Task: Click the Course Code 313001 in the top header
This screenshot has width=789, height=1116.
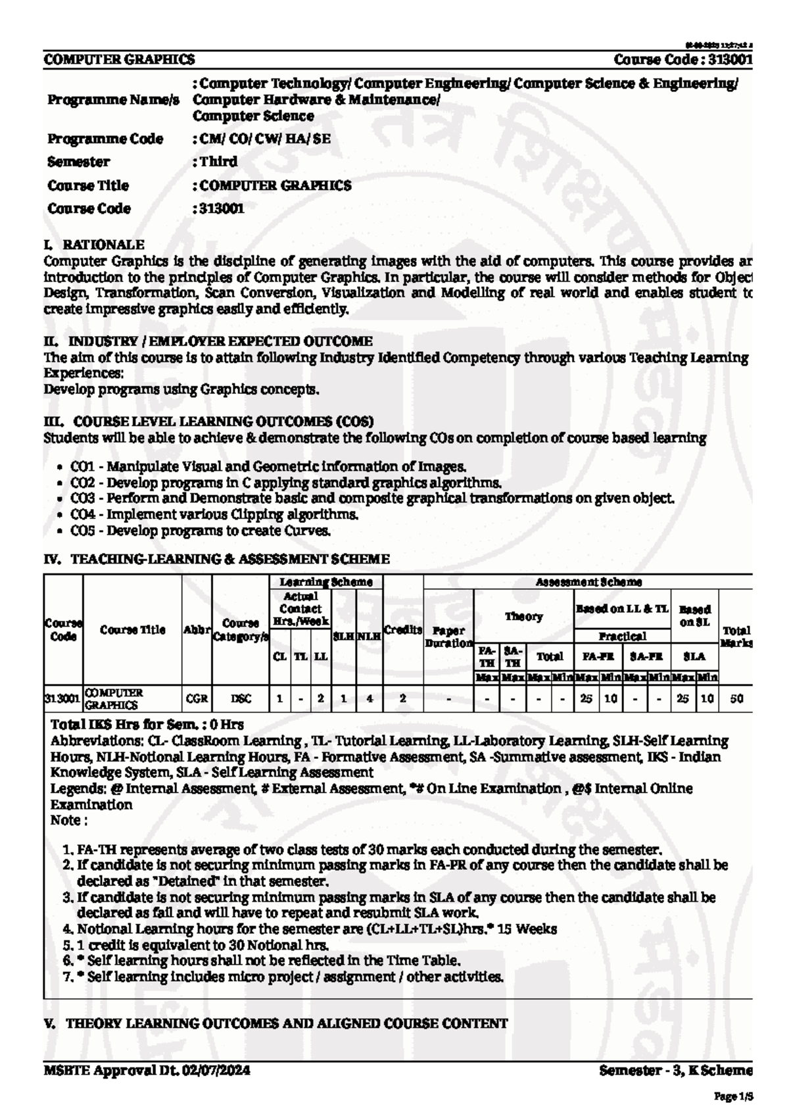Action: (682, 60)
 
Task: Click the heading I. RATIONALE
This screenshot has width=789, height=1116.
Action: (94, 245)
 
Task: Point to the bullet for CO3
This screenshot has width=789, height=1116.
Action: (60, 499)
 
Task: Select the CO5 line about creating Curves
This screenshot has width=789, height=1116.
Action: (201, 530)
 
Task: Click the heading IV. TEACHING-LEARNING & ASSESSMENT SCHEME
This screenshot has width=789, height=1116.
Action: (217, 559)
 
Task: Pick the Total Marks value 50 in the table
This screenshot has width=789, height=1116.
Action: (736, 699)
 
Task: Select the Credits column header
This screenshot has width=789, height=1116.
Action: (402, 630)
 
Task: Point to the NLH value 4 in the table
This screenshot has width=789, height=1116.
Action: (370, 699)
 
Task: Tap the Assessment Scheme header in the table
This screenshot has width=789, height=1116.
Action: (588, 582)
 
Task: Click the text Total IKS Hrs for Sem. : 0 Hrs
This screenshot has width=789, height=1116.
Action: (147, 725)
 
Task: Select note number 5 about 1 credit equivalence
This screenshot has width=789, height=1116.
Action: (197, 946)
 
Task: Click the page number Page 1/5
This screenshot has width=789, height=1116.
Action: (733, 1097)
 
